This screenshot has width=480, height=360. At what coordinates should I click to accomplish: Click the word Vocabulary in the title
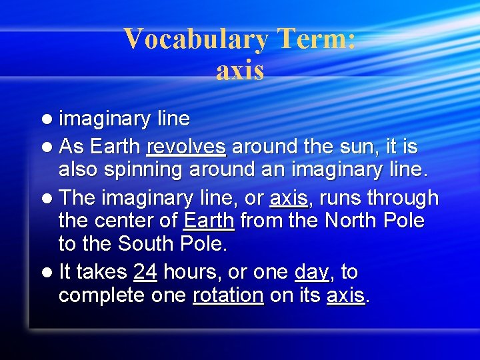(x=197, y=39)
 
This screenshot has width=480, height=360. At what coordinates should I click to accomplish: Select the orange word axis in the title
(x=240, y=71)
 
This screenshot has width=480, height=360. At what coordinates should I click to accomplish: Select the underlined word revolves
(x=186, y=146)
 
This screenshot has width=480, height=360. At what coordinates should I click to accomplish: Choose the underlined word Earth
(x=209, y=221)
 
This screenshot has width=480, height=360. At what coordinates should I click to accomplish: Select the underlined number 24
(x=145, y=272)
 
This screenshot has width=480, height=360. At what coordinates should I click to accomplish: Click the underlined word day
(x=312, y=273)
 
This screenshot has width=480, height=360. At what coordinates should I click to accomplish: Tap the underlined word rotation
(x=228, y=295)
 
